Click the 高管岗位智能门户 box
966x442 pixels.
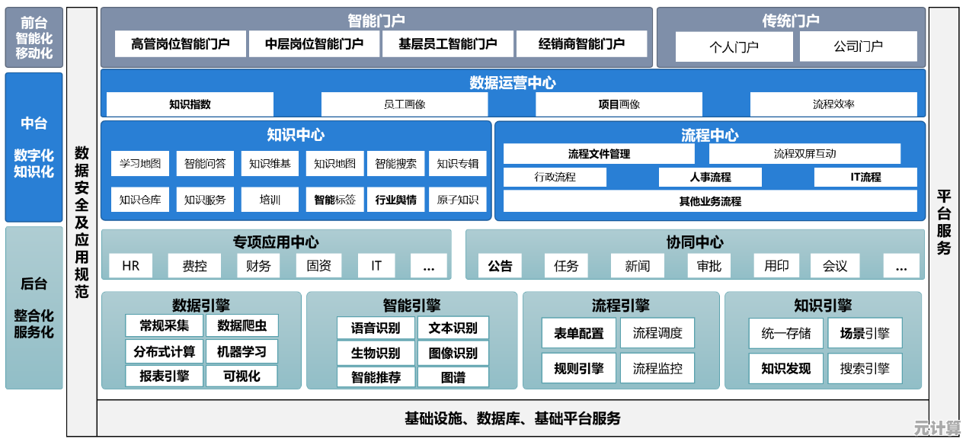click(181, 44)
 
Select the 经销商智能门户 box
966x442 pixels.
click(581, 44)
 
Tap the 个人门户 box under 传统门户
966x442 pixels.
click(734, 46)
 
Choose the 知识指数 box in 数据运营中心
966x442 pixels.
click(190, 104)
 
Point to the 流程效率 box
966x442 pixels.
click(833, 104)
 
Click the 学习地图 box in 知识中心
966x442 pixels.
click(140, 163)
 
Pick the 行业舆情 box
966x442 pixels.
click(396, 200)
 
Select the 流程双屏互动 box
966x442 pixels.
click(804, 154)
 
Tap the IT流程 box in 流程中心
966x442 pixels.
click(865, 178)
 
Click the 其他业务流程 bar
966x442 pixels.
click(710, 201)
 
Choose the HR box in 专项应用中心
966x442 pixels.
click(130, 265)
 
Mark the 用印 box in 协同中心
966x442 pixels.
click(776, 265)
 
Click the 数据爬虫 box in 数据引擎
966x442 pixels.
click(241, 326)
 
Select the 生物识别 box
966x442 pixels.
click(376, 353)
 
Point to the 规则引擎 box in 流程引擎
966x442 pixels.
click(579, 369)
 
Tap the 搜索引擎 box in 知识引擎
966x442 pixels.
click(865, 369)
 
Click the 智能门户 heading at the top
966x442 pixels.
click(376, 21)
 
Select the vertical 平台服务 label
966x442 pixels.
click(944, 221)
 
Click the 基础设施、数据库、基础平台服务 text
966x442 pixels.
click(513, 418)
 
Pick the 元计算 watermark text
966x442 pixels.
click(938, 428)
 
